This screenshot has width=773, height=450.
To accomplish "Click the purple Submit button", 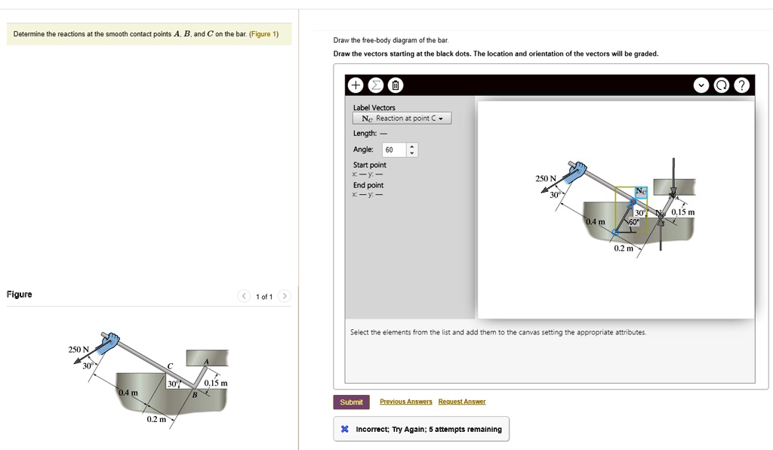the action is [351, 402].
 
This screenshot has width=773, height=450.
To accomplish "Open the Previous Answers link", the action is [405, 402].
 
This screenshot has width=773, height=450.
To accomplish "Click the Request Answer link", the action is [462, 402].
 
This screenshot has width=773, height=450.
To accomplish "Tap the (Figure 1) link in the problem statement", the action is [263, 34].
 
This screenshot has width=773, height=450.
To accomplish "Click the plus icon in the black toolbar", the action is [355, 85].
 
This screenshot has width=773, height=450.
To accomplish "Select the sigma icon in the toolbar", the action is [376, 85].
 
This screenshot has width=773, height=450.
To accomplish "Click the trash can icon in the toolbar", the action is [396, 85].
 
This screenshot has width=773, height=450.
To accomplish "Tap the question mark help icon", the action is [741, 85].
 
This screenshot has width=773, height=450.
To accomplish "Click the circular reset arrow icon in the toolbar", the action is [721, 85].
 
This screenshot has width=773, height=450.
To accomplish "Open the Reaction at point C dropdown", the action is [402, 119].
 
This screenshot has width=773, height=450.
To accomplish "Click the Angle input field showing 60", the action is [394, 149].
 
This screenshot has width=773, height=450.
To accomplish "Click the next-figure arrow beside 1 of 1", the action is [284, 296].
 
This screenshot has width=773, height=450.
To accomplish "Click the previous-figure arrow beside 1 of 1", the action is [244, 296].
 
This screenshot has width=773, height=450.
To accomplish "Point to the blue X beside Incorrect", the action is [344, 429].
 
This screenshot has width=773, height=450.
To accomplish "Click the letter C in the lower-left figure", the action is [170, 365].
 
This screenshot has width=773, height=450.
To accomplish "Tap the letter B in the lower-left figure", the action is [195, 395].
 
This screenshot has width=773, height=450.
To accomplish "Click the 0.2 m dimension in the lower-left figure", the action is [156, 419].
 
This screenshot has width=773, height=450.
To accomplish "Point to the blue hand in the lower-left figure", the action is [109, 342].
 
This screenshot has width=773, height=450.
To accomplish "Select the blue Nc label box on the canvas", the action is [641, 192].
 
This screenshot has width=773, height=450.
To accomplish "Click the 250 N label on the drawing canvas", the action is [546, 178].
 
